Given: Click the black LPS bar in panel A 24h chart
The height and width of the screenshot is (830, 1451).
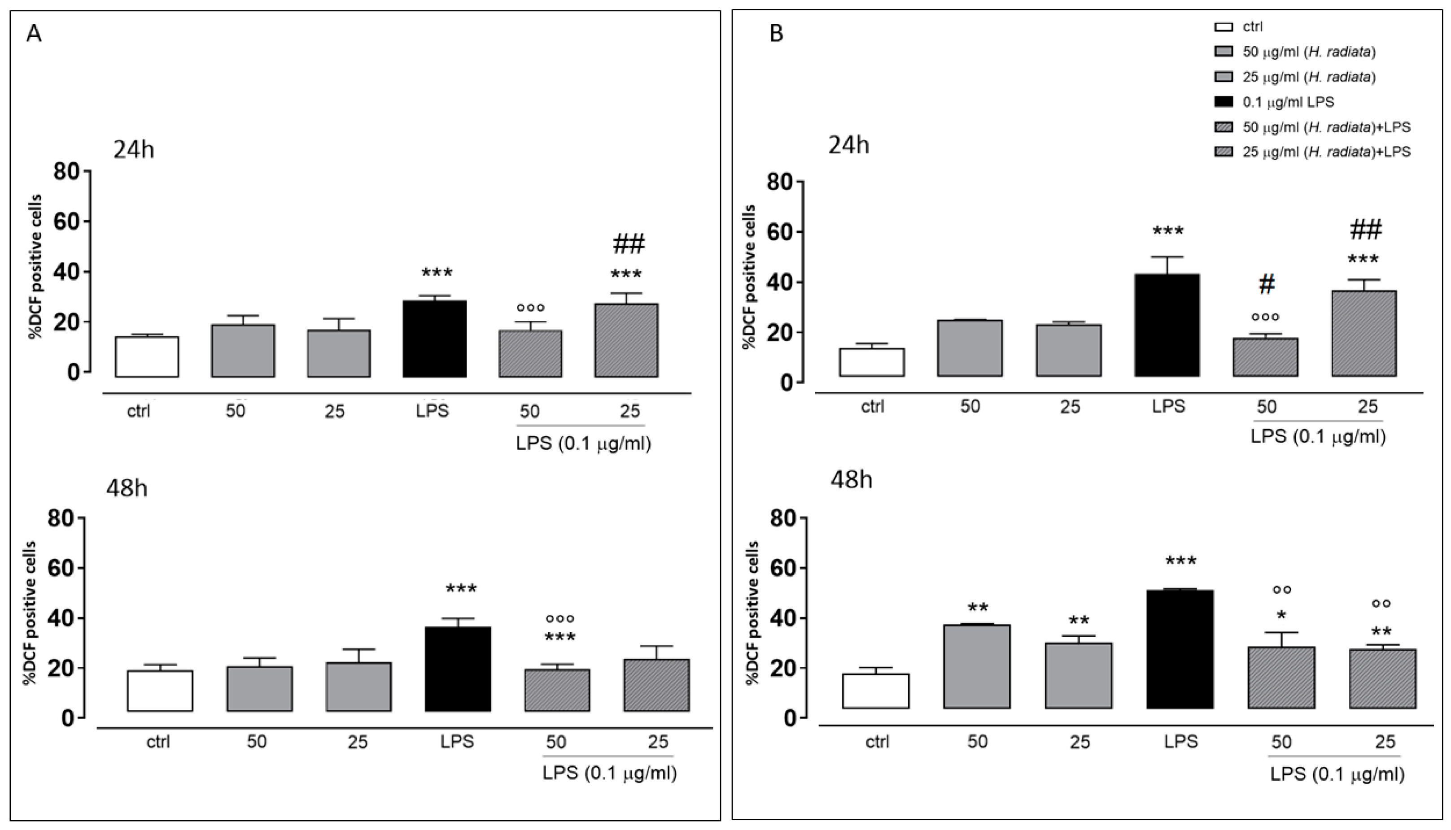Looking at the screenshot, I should [435, 339].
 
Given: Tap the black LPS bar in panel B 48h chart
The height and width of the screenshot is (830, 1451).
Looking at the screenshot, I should [1180, 649].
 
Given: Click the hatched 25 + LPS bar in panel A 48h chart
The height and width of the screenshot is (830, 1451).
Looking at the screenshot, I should [656, 685].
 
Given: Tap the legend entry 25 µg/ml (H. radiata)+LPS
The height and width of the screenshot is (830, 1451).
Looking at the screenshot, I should [1326, 152].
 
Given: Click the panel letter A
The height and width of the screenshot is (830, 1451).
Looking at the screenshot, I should [34, 34].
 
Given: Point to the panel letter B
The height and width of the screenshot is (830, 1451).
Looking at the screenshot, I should [776, 34].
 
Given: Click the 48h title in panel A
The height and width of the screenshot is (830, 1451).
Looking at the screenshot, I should [127, 488].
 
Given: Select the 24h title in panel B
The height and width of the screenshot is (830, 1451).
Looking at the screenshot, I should [849, 145].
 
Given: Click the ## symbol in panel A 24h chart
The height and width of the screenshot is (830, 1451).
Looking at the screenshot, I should [629, 244].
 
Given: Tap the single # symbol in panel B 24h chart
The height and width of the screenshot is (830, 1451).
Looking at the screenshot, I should [1266, 284].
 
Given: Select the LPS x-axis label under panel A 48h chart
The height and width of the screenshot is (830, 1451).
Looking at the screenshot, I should [457, 742].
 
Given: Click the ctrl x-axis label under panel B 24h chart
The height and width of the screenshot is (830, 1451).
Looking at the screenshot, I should [872, 406].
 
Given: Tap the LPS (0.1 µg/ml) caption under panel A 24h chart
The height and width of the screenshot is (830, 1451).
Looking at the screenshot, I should [583, 443].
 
